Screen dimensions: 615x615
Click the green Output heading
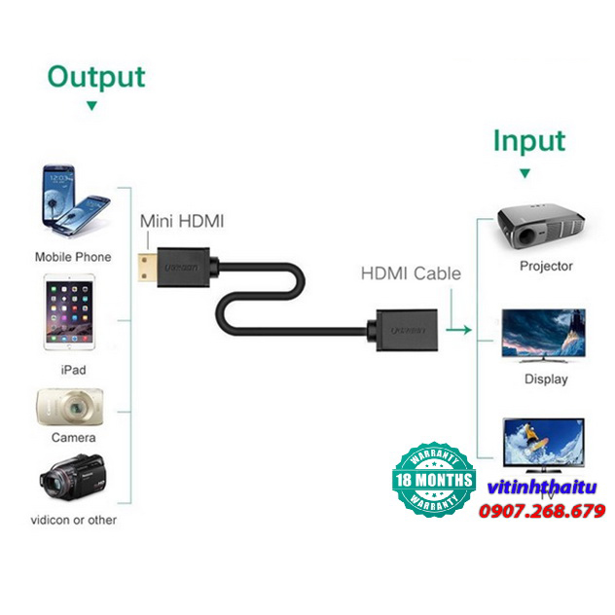pos(96,77)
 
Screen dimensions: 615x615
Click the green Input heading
pos(527,141)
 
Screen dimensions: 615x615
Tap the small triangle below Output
pos(91,106)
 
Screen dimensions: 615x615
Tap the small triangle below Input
pos(525,173)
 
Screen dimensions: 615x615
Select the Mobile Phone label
pos(73,257)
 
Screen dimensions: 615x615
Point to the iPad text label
pos(73,370)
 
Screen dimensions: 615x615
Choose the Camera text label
pos(72,439)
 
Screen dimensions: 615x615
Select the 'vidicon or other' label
pos(75,520)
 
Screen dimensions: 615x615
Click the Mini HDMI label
pos(182,221)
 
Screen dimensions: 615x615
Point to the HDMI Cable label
pos(411,273)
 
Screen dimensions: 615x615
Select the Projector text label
pos(546,266)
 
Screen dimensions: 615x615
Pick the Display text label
pos(545,379)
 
